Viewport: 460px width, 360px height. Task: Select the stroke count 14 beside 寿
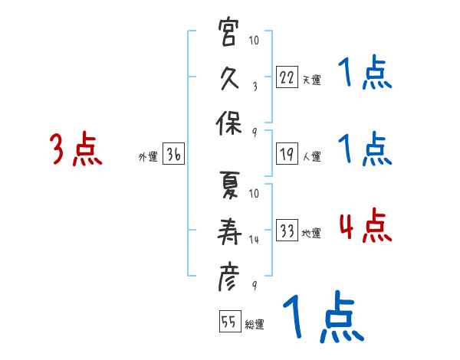tap(255, 240)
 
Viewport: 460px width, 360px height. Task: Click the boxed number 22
tap(287, 78)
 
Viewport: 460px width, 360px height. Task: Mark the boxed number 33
tap(287, 231)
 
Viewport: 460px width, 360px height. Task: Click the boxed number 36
tap(173, 155)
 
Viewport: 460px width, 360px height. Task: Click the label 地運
tap(311, 234)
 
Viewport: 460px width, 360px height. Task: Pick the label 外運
tap(147, 157)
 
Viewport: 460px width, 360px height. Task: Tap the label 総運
tap(255, 324)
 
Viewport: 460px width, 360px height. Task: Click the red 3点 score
tap(76, 149)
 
